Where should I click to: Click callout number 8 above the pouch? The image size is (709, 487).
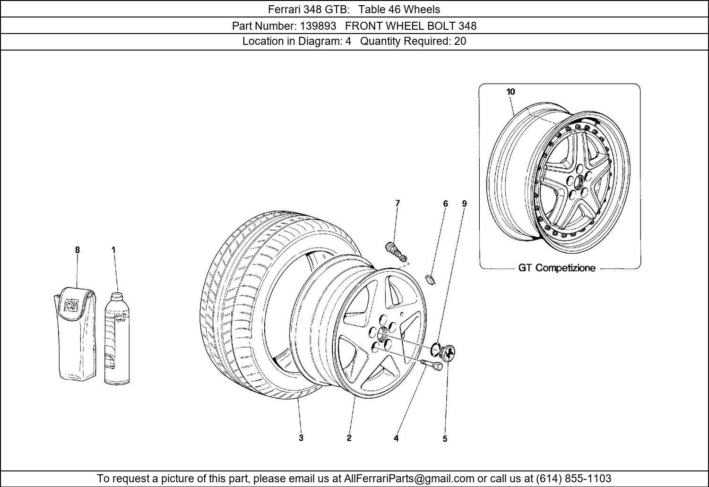tap(77, 250)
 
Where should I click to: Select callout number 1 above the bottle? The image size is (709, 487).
tap(113, 250)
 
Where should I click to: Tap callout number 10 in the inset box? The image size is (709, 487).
tap(510, 92)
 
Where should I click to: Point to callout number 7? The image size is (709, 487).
tap(398, 203)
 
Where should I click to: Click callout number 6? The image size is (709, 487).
tap(445, 204)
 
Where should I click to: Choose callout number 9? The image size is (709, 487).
tap(464, 204)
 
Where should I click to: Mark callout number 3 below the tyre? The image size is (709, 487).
tap(301, 438)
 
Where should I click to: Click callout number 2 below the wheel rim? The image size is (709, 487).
tap(349, 438)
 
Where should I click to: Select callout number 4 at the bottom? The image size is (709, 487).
tap(396, 438)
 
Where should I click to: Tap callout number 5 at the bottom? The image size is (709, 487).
tap(445, 439)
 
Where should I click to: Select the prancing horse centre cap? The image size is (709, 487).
tap(448, 352)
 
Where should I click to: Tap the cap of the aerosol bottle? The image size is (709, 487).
tap(116, 297)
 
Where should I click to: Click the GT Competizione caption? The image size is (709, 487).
tap(557, 268)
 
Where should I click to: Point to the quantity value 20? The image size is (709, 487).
tap(460, 41)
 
